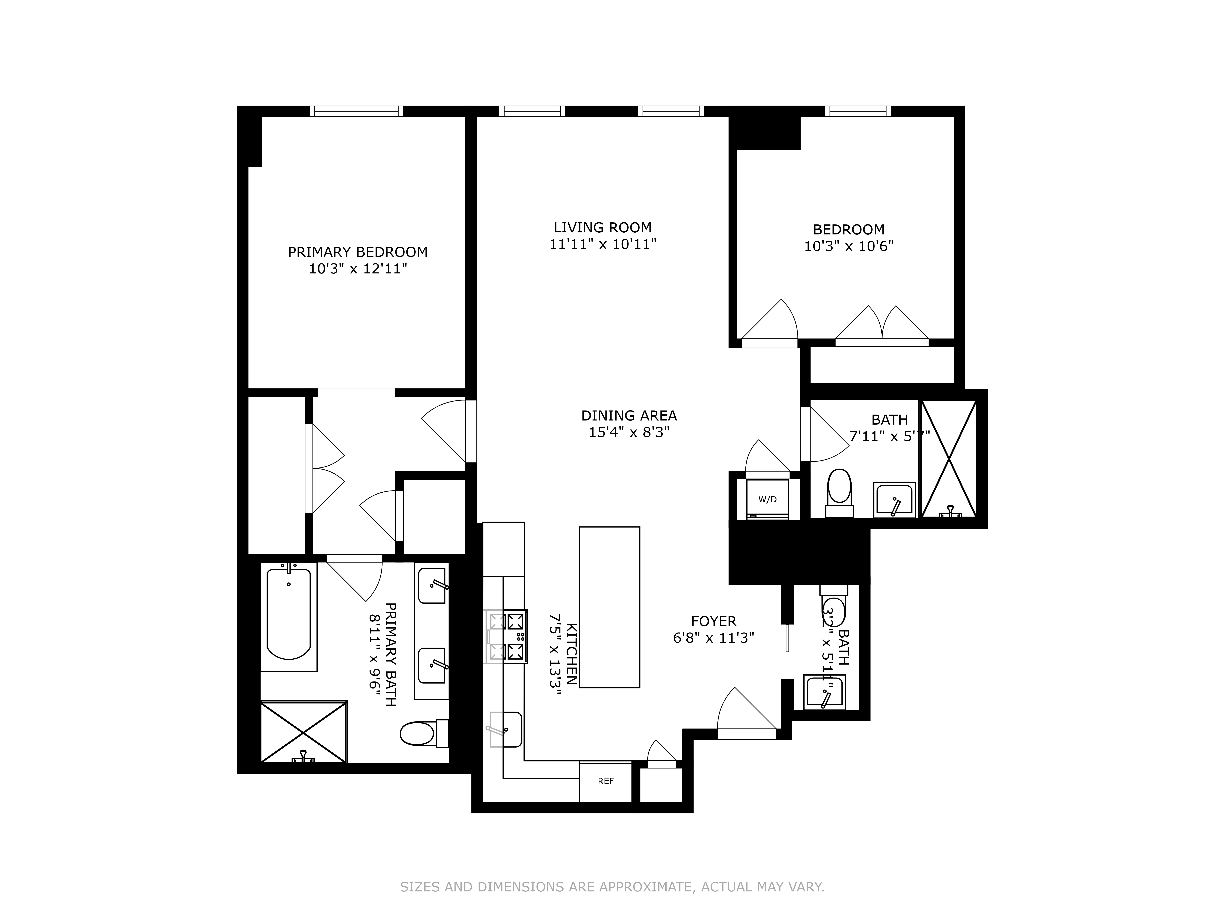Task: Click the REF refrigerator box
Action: [605, 782]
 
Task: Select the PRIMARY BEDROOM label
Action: [358, 252]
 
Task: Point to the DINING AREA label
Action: [629, 415]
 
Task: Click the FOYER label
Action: [713, 621]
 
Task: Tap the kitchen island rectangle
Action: [609, 607]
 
